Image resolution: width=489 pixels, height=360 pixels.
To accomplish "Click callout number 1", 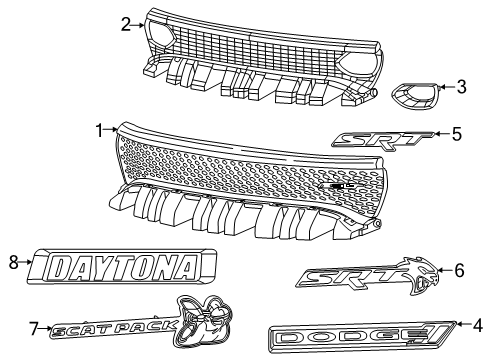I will [100, 129].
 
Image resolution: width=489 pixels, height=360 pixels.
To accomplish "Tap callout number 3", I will [461, 87].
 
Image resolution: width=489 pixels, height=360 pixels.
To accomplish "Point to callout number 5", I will [456, 133].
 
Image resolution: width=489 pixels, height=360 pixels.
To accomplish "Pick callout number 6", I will [459, 269].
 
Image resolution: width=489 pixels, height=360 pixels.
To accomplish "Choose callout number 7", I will [34, 326].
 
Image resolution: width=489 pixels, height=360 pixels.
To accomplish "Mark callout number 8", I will [14, 264].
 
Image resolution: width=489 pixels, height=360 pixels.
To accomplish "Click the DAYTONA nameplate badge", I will [122, 266].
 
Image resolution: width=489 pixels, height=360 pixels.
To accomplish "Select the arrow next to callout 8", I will [27, 264].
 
